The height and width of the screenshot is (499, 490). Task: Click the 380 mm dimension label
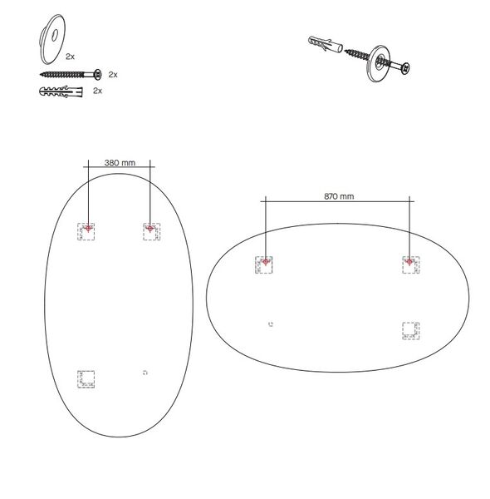120,163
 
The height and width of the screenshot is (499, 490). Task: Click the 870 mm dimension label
338,197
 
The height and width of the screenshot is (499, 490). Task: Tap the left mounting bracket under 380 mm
87,230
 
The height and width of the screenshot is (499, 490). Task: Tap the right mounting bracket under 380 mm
150,230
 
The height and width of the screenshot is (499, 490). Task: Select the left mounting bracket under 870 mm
264,264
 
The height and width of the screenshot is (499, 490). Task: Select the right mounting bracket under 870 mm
409,264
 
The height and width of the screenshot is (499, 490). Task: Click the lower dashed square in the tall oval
86,379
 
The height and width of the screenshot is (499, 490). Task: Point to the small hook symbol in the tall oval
145,373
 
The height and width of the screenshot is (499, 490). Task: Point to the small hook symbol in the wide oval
272,324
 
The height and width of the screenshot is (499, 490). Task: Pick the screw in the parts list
68,74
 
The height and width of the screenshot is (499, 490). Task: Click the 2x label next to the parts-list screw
113,74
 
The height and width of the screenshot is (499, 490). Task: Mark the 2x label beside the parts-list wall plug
97,90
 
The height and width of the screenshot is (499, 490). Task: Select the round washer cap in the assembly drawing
379,64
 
